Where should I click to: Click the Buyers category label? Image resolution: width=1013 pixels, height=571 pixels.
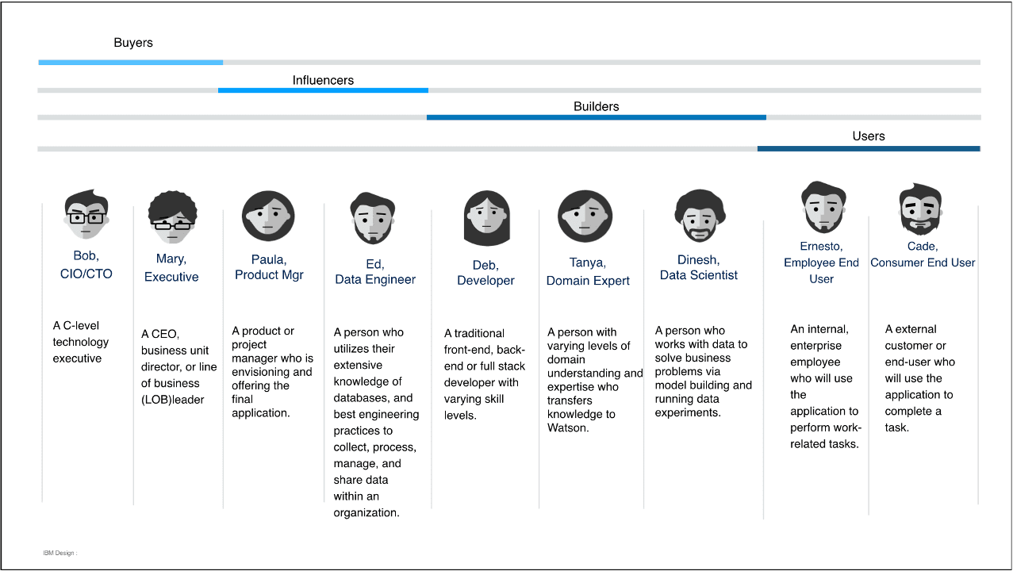coord(133,43)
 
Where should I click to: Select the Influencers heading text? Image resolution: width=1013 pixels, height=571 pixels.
coord(323,80)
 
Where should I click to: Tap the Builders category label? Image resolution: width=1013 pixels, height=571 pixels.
coord(596,106)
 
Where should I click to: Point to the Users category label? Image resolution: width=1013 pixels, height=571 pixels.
coord(868,136)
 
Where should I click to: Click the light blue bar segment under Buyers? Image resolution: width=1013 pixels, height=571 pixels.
coord(131,62)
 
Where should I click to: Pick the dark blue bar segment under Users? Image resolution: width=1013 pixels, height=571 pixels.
coord(869,148)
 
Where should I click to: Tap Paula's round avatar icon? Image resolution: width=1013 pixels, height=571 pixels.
coord(268,216)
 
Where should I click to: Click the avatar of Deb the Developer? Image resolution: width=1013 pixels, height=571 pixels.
coord(485,218)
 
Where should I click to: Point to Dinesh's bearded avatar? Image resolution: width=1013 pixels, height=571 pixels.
coord(699,215)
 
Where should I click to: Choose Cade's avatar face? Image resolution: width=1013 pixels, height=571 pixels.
coord(920,209)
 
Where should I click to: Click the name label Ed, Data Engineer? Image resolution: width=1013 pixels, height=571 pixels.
coord(375,272)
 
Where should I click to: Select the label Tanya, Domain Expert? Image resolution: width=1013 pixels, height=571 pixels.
coord(588,272)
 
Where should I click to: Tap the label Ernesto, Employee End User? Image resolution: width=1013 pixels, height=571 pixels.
coord(821,263)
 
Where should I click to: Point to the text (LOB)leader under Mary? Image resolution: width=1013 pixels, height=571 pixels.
coord(172,400)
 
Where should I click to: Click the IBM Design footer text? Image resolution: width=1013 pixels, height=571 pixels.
coord(59,553)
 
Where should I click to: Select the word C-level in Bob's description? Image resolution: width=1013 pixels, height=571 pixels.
coord(80,325)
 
